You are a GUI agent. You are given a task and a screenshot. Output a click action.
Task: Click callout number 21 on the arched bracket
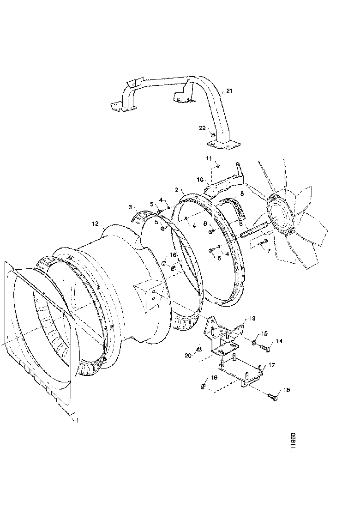click(230, 91)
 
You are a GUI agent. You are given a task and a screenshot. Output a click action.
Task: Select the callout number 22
click(202, 128)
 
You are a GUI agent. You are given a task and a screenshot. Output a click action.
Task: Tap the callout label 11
click(208, 158)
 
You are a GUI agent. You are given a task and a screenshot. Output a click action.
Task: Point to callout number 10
click(200, 178)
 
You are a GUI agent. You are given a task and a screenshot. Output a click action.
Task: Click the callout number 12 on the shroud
click(95, 224)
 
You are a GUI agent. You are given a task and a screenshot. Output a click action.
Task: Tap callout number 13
click(252, 319)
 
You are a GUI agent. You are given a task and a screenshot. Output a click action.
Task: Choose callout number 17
click(272, 365)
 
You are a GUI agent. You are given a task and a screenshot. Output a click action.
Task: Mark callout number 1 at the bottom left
click(77, 420)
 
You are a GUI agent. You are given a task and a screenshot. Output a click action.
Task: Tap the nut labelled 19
click(203, 385)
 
